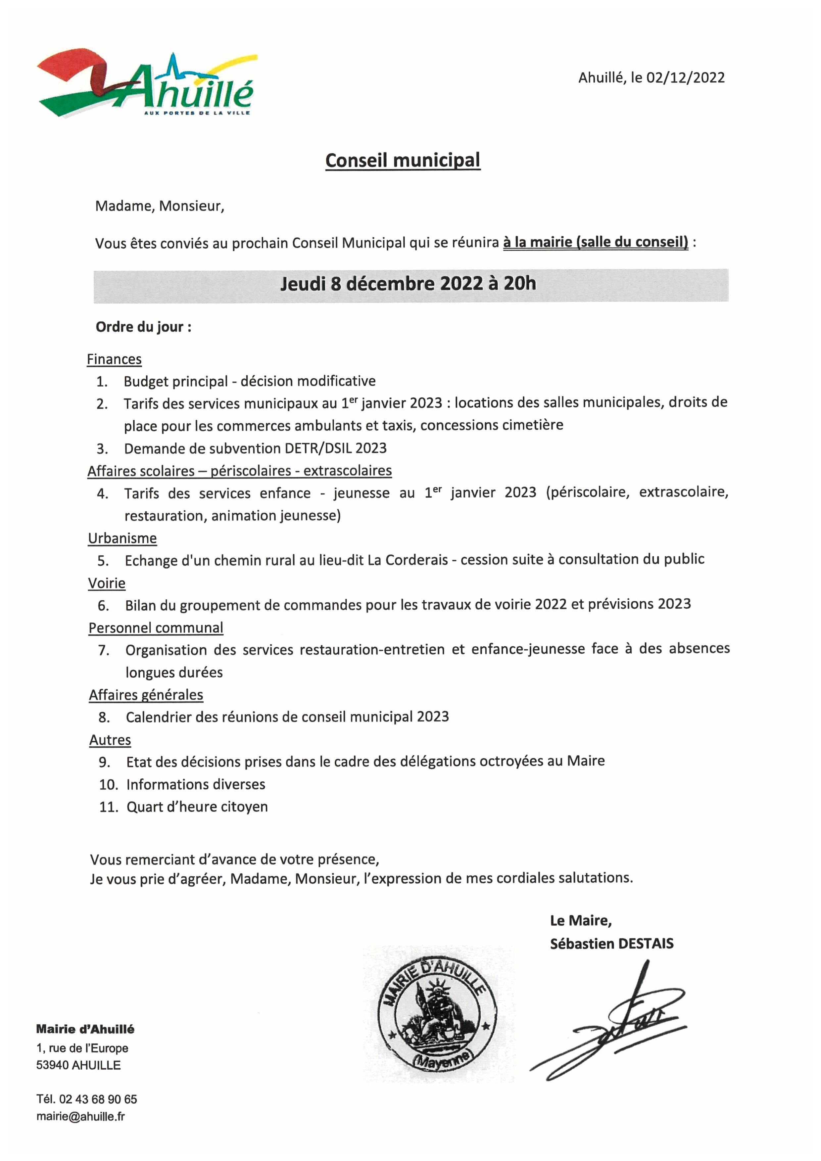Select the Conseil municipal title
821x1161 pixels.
coord(403,160)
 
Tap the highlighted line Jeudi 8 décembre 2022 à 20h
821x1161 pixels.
coord(408,284)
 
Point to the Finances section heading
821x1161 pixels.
coord(114,359)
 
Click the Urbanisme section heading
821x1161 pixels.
coord(122,538)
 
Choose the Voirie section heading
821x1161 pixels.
coord(107,583)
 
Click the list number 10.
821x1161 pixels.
coord(108,784)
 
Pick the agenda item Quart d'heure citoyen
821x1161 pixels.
coord(197,807)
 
